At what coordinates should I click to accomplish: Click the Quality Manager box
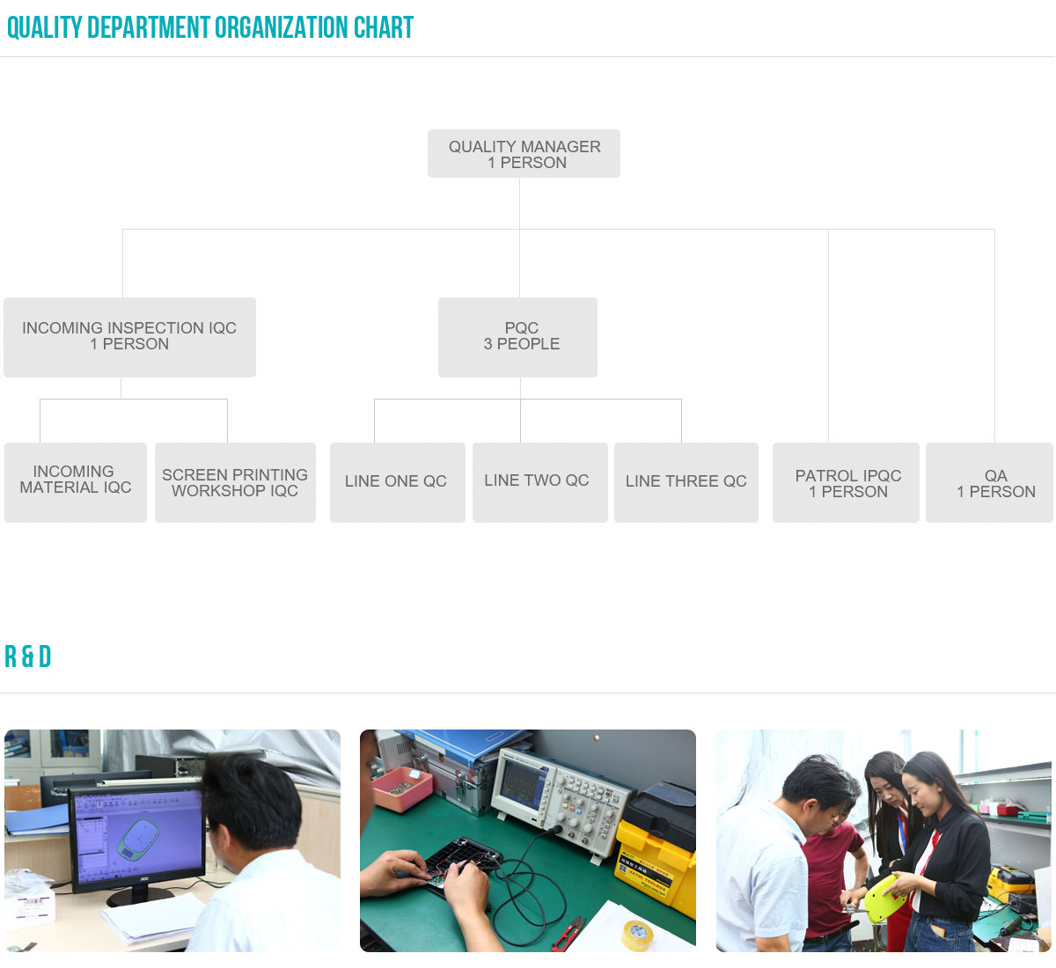524,153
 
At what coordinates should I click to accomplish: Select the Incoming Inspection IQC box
129,337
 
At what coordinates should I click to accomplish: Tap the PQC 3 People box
517,337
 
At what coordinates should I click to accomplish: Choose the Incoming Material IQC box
76,482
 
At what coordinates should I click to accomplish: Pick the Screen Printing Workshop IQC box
235,482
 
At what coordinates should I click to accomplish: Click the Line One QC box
398,482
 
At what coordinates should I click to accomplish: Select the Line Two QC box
539,482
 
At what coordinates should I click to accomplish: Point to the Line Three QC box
686,482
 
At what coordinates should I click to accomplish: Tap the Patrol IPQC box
846,482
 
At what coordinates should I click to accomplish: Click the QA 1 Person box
989,482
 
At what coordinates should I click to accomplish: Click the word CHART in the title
383,27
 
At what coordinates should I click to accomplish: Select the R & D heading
28,656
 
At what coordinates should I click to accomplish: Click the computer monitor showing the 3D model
137,839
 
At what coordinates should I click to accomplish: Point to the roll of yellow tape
637,935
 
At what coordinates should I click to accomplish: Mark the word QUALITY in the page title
45,27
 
